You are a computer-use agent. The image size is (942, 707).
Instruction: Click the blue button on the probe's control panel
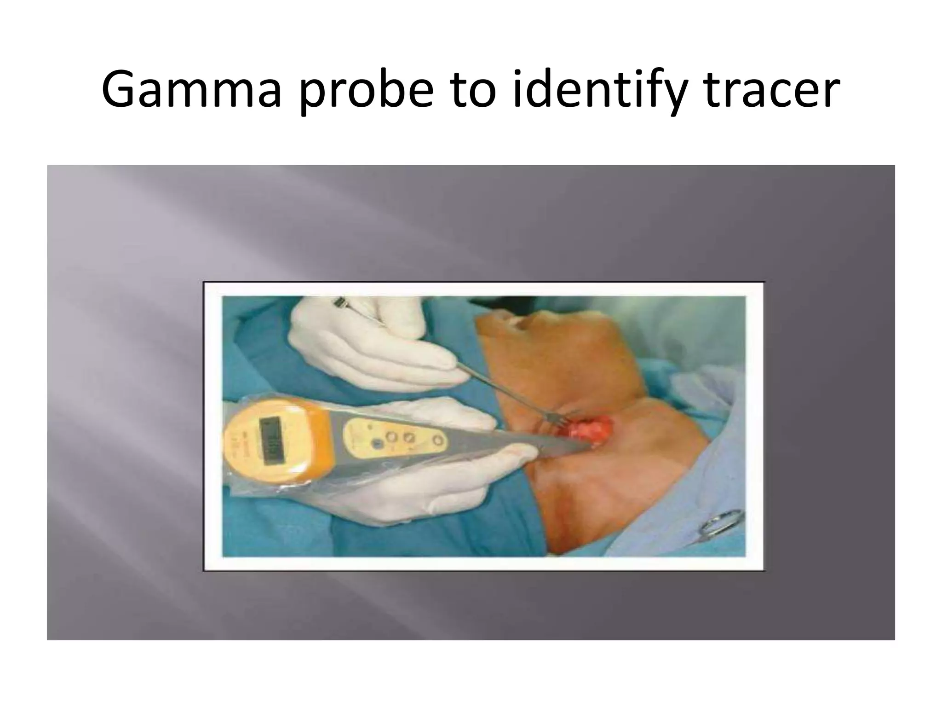(x=378, y=444)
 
